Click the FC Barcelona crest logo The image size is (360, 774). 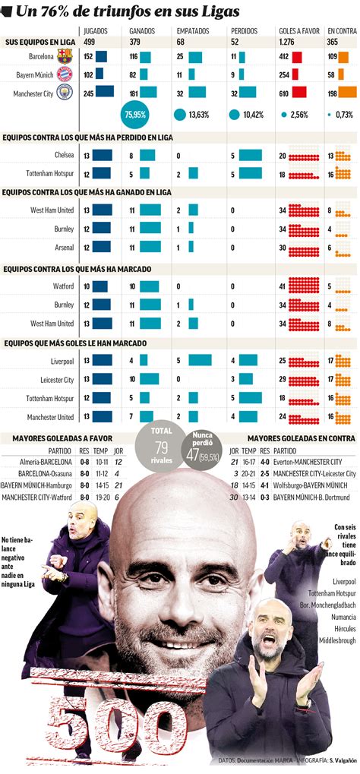point(65,56)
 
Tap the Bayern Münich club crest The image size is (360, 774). point(65,74)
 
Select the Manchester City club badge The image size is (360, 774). point(65,93)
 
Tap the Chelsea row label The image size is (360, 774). point(64,154)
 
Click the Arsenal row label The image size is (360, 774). point(63,247)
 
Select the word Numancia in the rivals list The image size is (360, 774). point(343,617)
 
